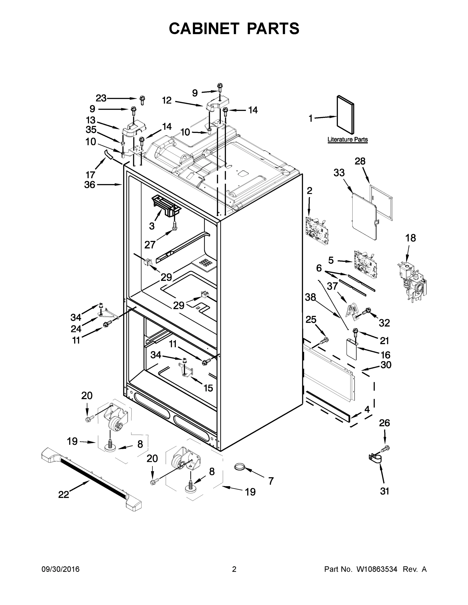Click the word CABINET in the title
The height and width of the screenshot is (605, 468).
point(204,28)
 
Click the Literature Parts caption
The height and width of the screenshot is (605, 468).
point(347,139)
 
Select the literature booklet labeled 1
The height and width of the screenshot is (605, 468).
point(345,115)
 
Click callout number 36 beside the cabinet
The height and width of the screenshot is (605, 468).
point(90,185)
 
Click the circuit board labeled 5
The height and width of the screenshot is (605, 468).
point(365,263)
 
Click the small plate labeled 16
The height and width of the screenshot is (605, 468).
point(351,349)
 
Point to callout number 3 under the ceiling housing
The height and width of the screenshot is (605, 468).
point(152,226)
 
